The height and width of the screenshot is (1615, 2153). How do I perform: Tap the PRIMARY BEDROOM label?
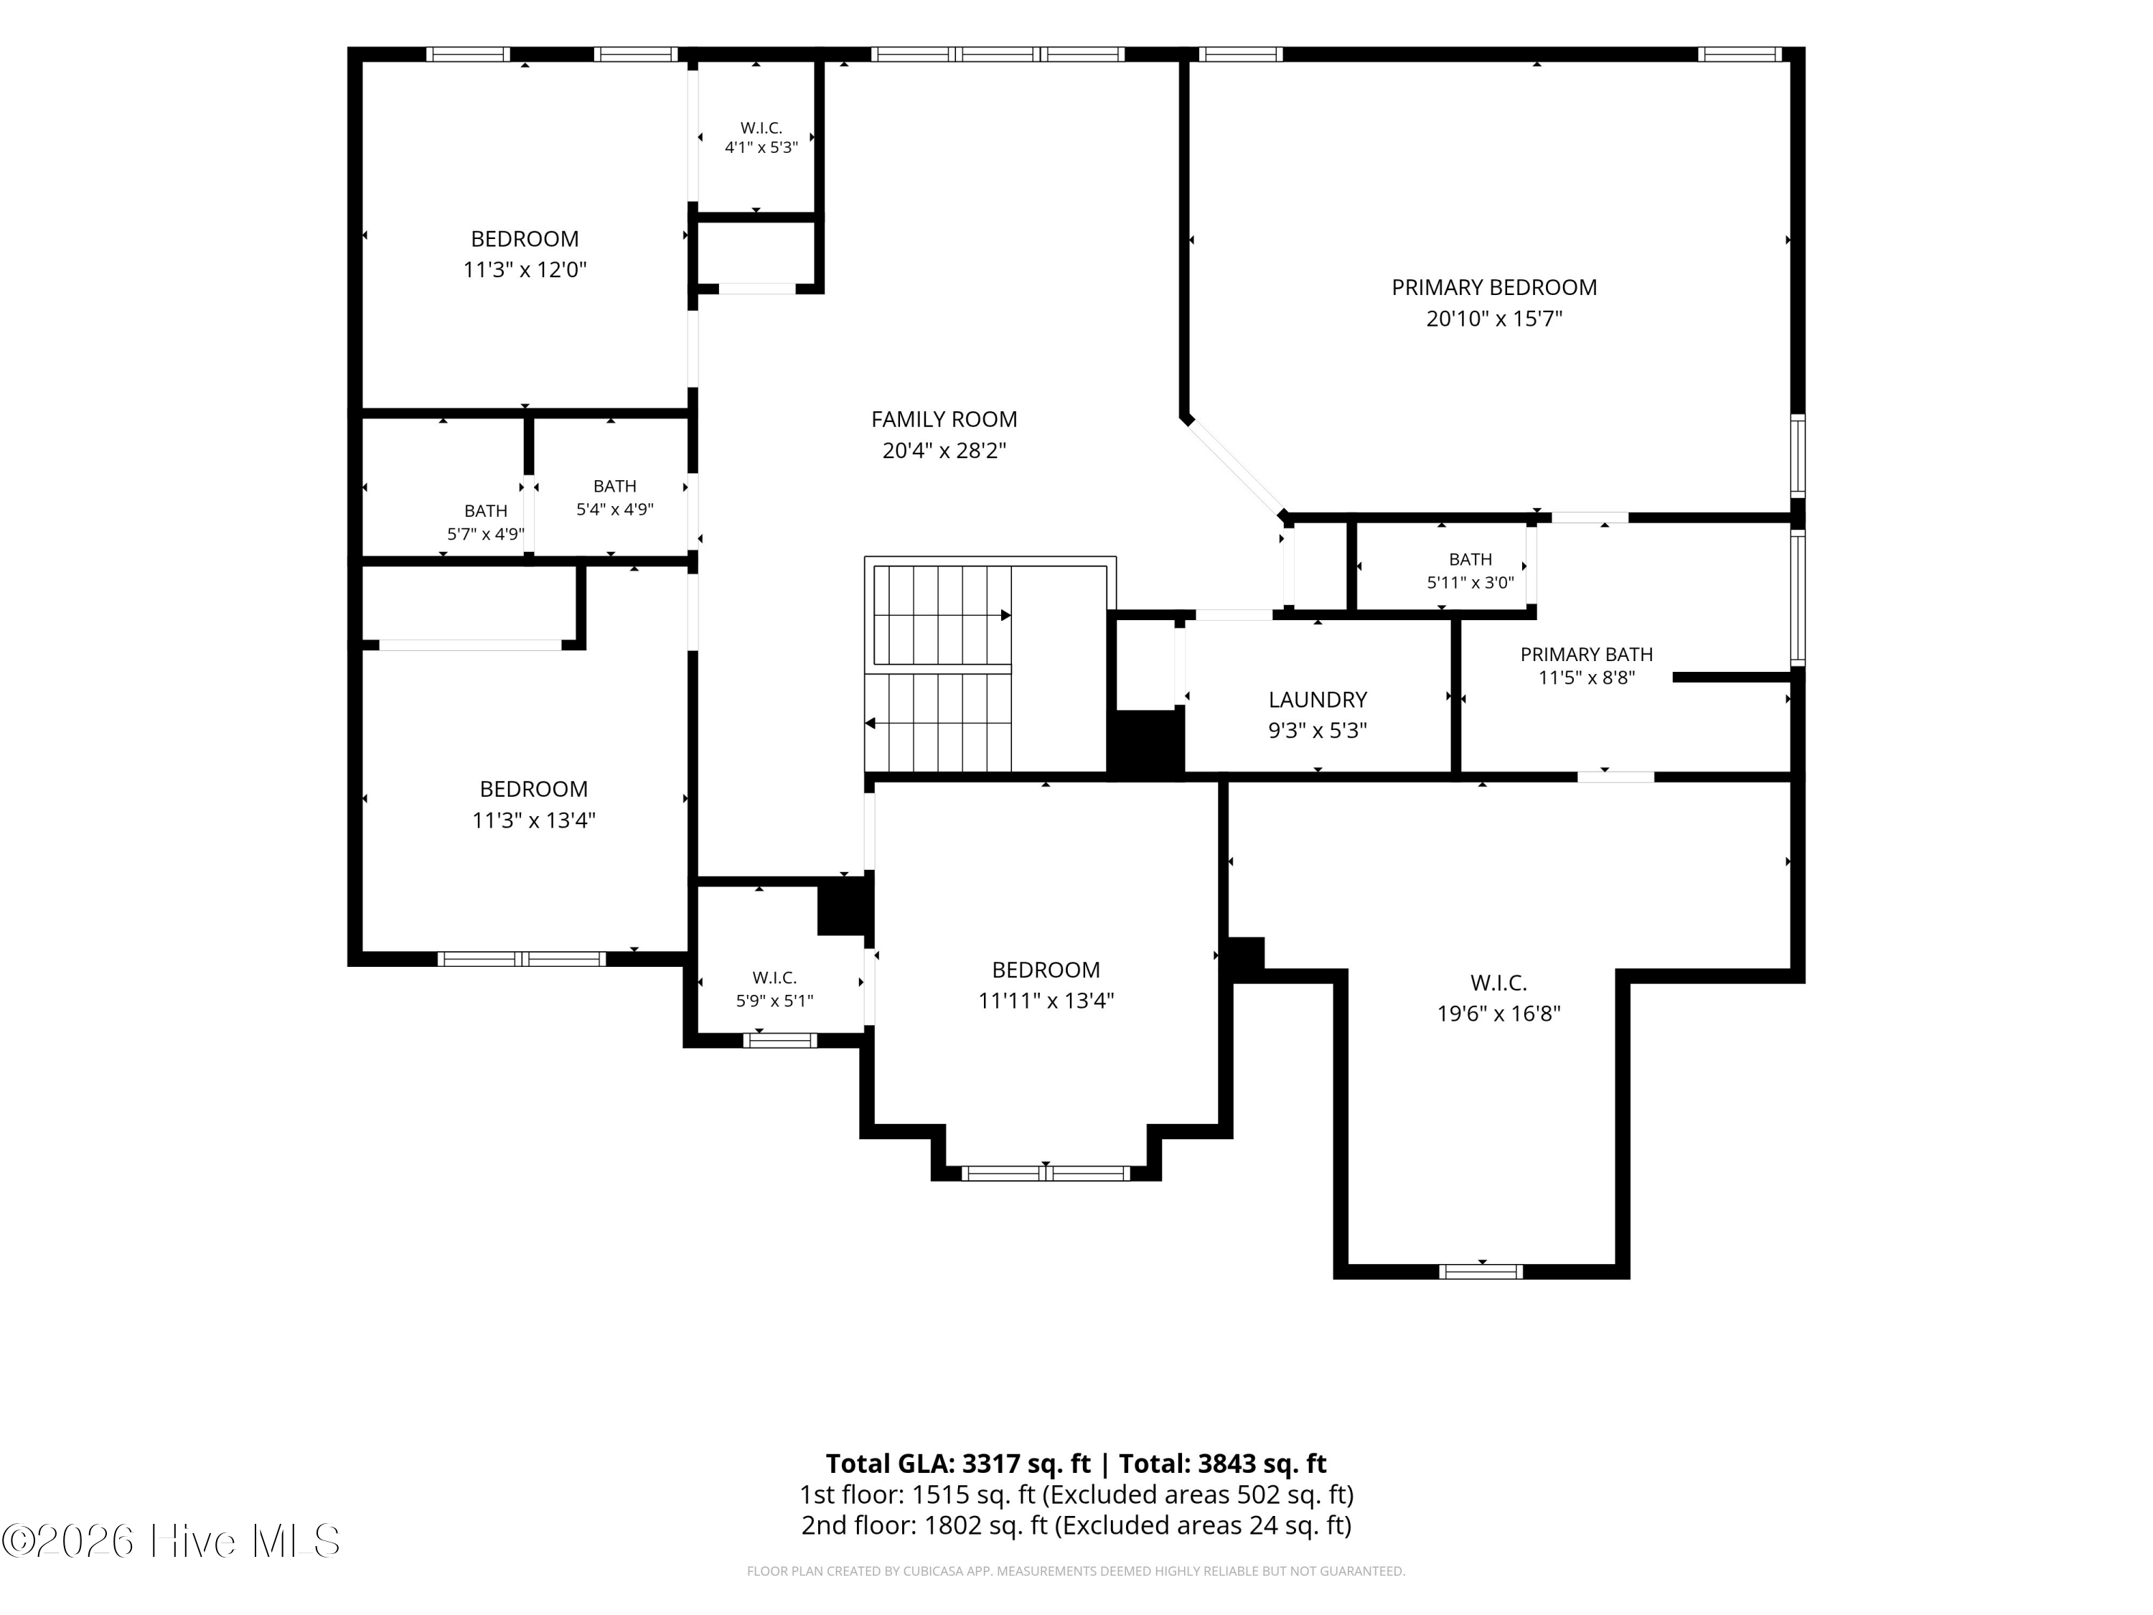pos(1494,287)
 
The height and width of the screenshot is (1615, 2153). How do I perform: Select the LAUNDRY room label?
pos(1318,699)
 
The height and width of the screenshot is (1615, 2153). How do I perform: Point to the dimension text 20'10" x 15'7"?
pos(1494,318)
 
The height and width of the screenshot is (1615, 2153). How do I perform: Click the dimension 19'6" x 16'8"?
pos(1499,1014)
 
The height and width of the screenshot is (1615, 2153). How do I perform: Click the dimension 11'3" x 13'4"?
pos(533,820)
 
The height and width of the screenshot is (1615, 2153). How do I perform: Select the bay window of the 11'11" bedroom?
pos(1046,1173)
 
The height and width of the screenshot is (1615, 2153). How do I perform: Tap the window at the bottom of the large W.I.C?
pos(1481,1271)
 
